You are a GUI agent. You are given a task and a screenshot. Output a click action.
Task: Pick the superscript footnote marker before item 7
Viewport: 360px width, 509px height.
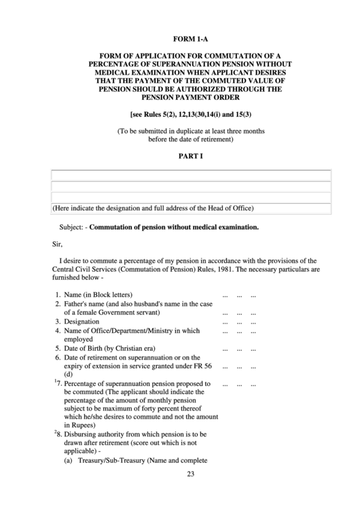[x=54, y=381]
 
